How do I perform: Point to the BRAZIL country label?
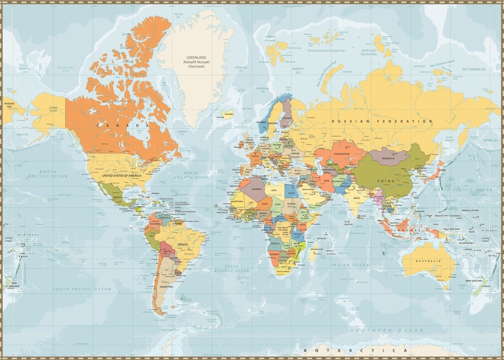184,244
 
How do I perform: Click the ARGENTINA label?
166,287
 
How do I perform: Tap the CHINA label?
387,180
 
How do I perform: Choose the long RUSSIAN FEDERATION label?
383,121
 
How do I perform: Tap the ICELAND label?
229,114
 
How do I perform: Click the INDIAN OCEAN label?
351,264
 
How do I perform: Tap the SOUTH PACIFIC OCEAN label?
83,289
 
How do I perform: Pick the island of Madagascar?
314,253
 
